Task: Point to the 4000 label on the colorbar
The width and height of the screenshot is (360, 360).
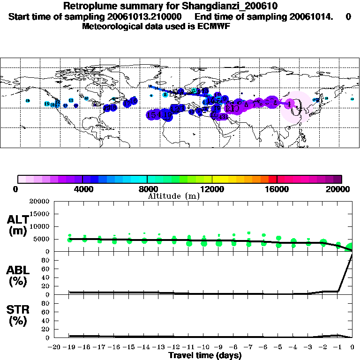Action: pos(82,189)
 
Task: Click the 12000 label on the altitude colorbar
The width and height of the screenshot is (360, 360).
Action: pos(212,189)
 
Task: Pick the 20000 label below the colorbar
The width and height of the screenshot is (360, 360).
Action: pos(341,189)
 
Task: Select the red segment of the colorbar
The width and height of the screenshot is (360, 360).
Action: pos(272,179)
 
